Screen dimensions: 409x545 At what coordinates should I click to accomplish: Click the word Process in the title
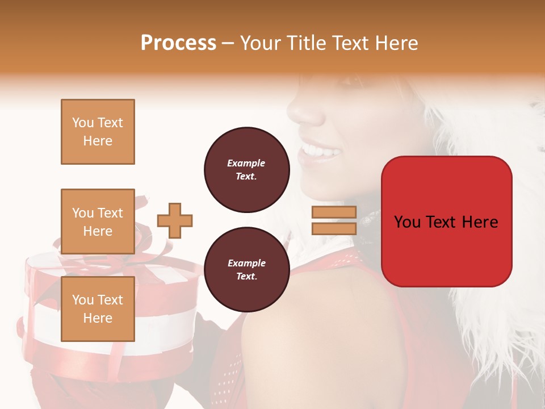[x=178, y=43]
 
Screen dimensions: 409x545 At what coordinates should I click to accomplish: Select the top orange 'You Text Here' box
[x=98, y=132]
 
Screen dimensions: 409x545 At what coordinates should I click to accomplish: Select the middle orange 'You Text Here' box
[x=98, y=222]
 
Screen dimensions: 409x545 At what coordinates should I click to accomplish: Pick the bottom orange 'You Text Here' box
[x=98, y=309]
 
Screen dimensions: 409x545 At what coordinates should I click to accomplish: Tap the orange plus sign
[x=175, y=220]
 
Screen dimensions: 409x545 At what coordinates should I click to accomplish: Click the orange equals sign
[x=334, y=220]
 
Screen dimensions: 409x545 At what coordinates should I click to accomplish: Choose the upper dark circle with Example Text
[x=246, y=169]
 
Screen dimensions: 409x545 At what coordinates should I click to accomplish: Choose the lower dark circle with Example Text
[x=246, y=269]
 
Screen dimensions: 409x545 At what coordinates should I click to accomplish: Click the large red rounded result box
[x=446, y=222]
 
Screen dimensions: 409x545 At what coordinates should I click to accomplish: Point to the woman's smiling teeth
[x=319, y=151]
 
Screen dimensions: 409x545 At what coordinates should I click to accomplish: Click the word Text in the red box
[x=442, y=222]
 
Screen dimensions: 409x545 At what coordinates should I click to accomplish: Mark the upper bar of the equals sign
[x=334, y=212]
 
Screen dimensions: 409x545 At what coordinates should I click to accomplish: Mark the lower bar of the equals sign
[x=334, y=228]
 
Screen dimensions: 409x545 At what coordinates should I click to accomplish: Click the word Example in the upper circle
[x=246, y=163]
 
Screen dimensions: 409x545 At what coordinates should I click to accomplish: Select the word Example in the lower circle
[x=246, y=263]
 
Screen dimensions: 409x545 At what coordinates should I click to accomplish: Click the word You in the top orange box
[x=82, y=123]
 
